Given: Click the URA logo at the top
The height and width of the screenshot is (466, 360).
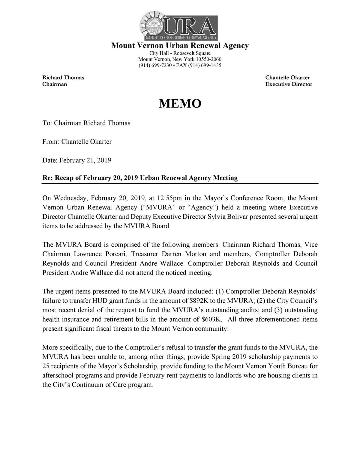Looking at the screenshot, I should (x=179, y=26).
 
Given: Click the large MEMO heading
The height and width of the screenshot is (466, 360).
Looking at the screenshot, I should (x=180, y=104).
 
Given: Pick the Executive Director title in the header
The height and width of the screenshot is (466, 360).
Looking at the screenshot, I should (x=289, y=84).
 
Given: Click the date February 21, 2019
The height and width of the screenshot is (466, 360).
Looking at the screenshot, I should (x=85, y=160).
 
